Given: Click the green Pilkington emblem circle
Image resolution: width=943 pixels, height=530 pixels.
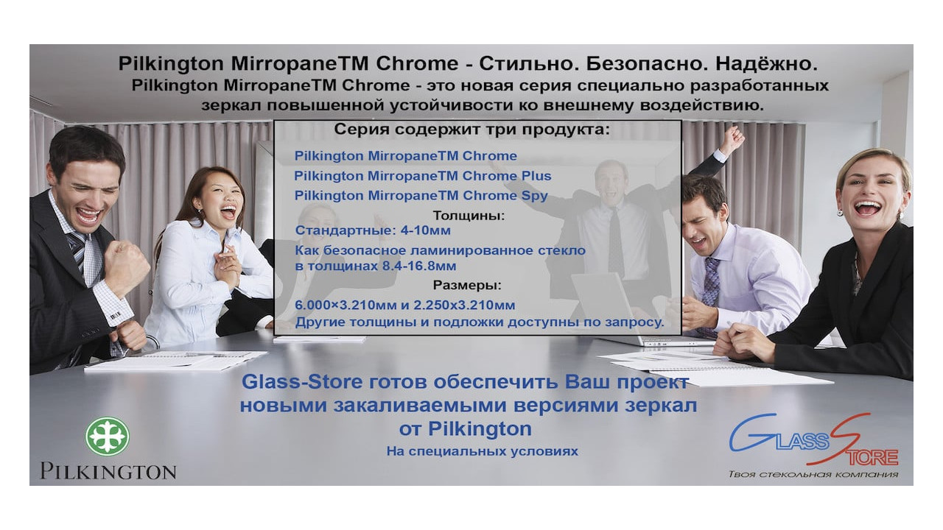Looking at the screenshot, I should [x=108, y=436].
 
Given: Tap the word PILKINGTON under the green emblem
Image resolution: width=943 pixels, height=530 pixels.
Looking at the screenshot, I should [x=108, y=471].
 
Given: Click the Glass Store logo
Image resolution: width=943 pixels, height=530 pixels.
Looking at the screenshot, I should [x=813, y=441].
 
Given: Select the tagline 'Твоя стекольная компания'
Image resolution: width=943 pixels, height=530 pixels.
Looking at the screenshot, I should [x=813, y=474].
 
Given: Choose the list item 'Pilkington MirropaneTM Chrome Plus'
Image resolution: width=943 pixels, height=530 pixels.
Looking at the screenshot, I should [x=423, y=176].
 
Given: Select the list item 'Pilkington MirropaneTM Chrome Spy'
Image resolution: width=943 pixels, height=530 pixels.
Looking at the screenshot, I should [x=421, y=196].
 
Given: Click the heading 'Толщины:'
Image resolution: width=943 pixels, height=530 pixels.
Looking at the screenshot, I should [x=469, y=216].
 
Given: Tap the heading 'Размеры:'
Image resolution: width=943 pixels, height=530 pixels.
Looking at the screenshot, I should [x=467, y=285].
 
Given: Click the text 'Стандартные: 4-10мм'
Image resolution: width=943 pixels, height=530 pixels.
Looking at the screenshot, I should [x=373, y=231].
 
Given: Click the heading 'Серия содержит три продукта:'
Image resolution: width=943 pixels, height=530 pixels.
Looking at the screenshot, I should [x=472, y=130].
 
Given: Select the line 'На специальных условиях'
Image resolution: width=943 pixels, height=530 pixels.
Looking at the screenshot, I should [x=482, y=451].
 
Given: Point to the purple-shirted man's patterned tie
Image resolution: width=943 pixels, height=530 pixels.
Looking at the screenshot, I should [x=711, y=280].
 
